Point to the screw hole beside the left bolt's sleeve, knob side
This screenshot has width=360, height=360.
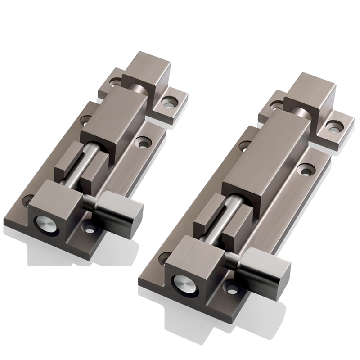pyautogui.click(x=144, y=144)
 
